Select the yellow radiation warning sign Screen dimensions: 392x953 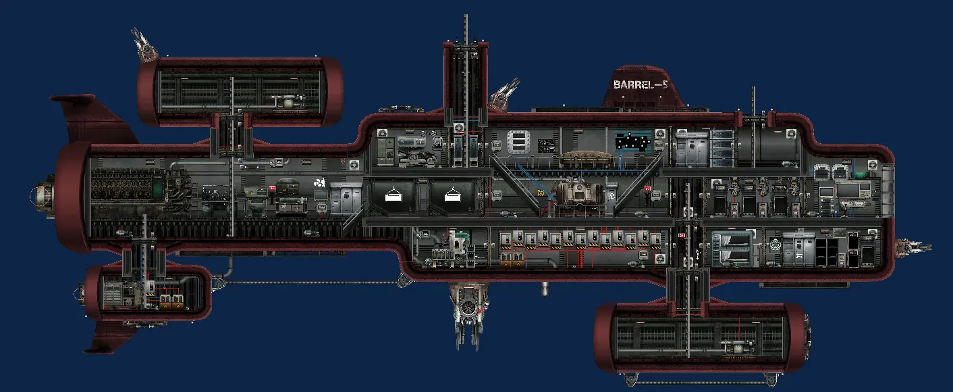pos(540,193)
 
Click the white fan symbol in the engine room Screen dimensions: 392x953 pos(320,182)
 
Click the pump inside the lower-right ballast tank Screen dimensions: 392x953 pos(734,348)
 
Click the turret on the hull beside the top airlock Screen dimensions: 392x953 pos(505,93)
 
